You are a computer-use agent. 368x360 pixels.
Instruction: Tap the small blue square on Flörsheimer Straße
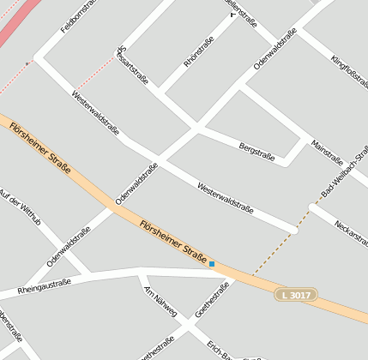click(x=212, y=264)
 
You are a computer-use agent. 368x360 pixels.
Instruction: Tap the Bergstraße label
click(x=256, y=153)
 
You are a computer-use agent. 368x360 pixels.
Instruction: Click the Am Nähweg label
click(x=160, y=301)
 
